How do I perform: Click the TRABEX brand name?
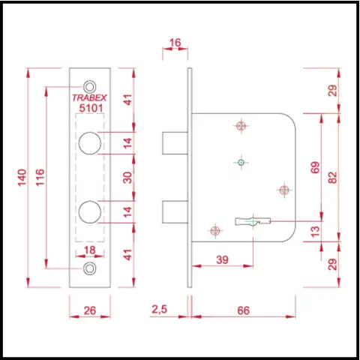pos(89,97)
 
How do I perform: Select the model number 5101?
pos(91,108)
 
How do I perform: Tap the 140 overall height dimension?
pos(22,177)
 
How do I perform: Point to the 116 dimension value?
pos(40,177)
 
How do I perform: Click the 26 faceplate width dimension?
pos(90,310)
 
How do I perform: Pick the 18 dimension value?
pos(90,250)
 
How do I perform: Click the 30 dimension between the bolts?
pos(127,178)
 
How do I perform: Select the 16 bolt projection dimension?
pos(175,43)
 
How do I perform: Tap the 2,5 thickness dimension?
pos(160,310)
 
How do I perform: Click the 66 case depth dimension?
pos(244,310)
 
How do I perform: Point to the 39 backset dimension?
pos(222,259)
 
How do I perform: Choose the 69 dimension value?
pos(315,167)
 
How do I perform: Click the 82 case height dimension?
pos(333,178)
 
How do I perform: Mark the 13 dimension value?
pos(316,231)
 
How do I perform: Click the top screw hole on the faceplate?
pos(89,87)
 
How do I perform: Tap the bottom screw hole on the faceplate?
pos(89,268)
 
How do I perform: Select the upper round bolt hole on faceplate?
pos(90,143)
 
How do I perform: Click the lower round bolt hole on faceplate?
pos(90,211)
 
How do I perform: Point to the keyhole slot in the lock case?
pos(253,221)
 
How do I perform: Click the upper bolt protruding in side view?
pos(175,143)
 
